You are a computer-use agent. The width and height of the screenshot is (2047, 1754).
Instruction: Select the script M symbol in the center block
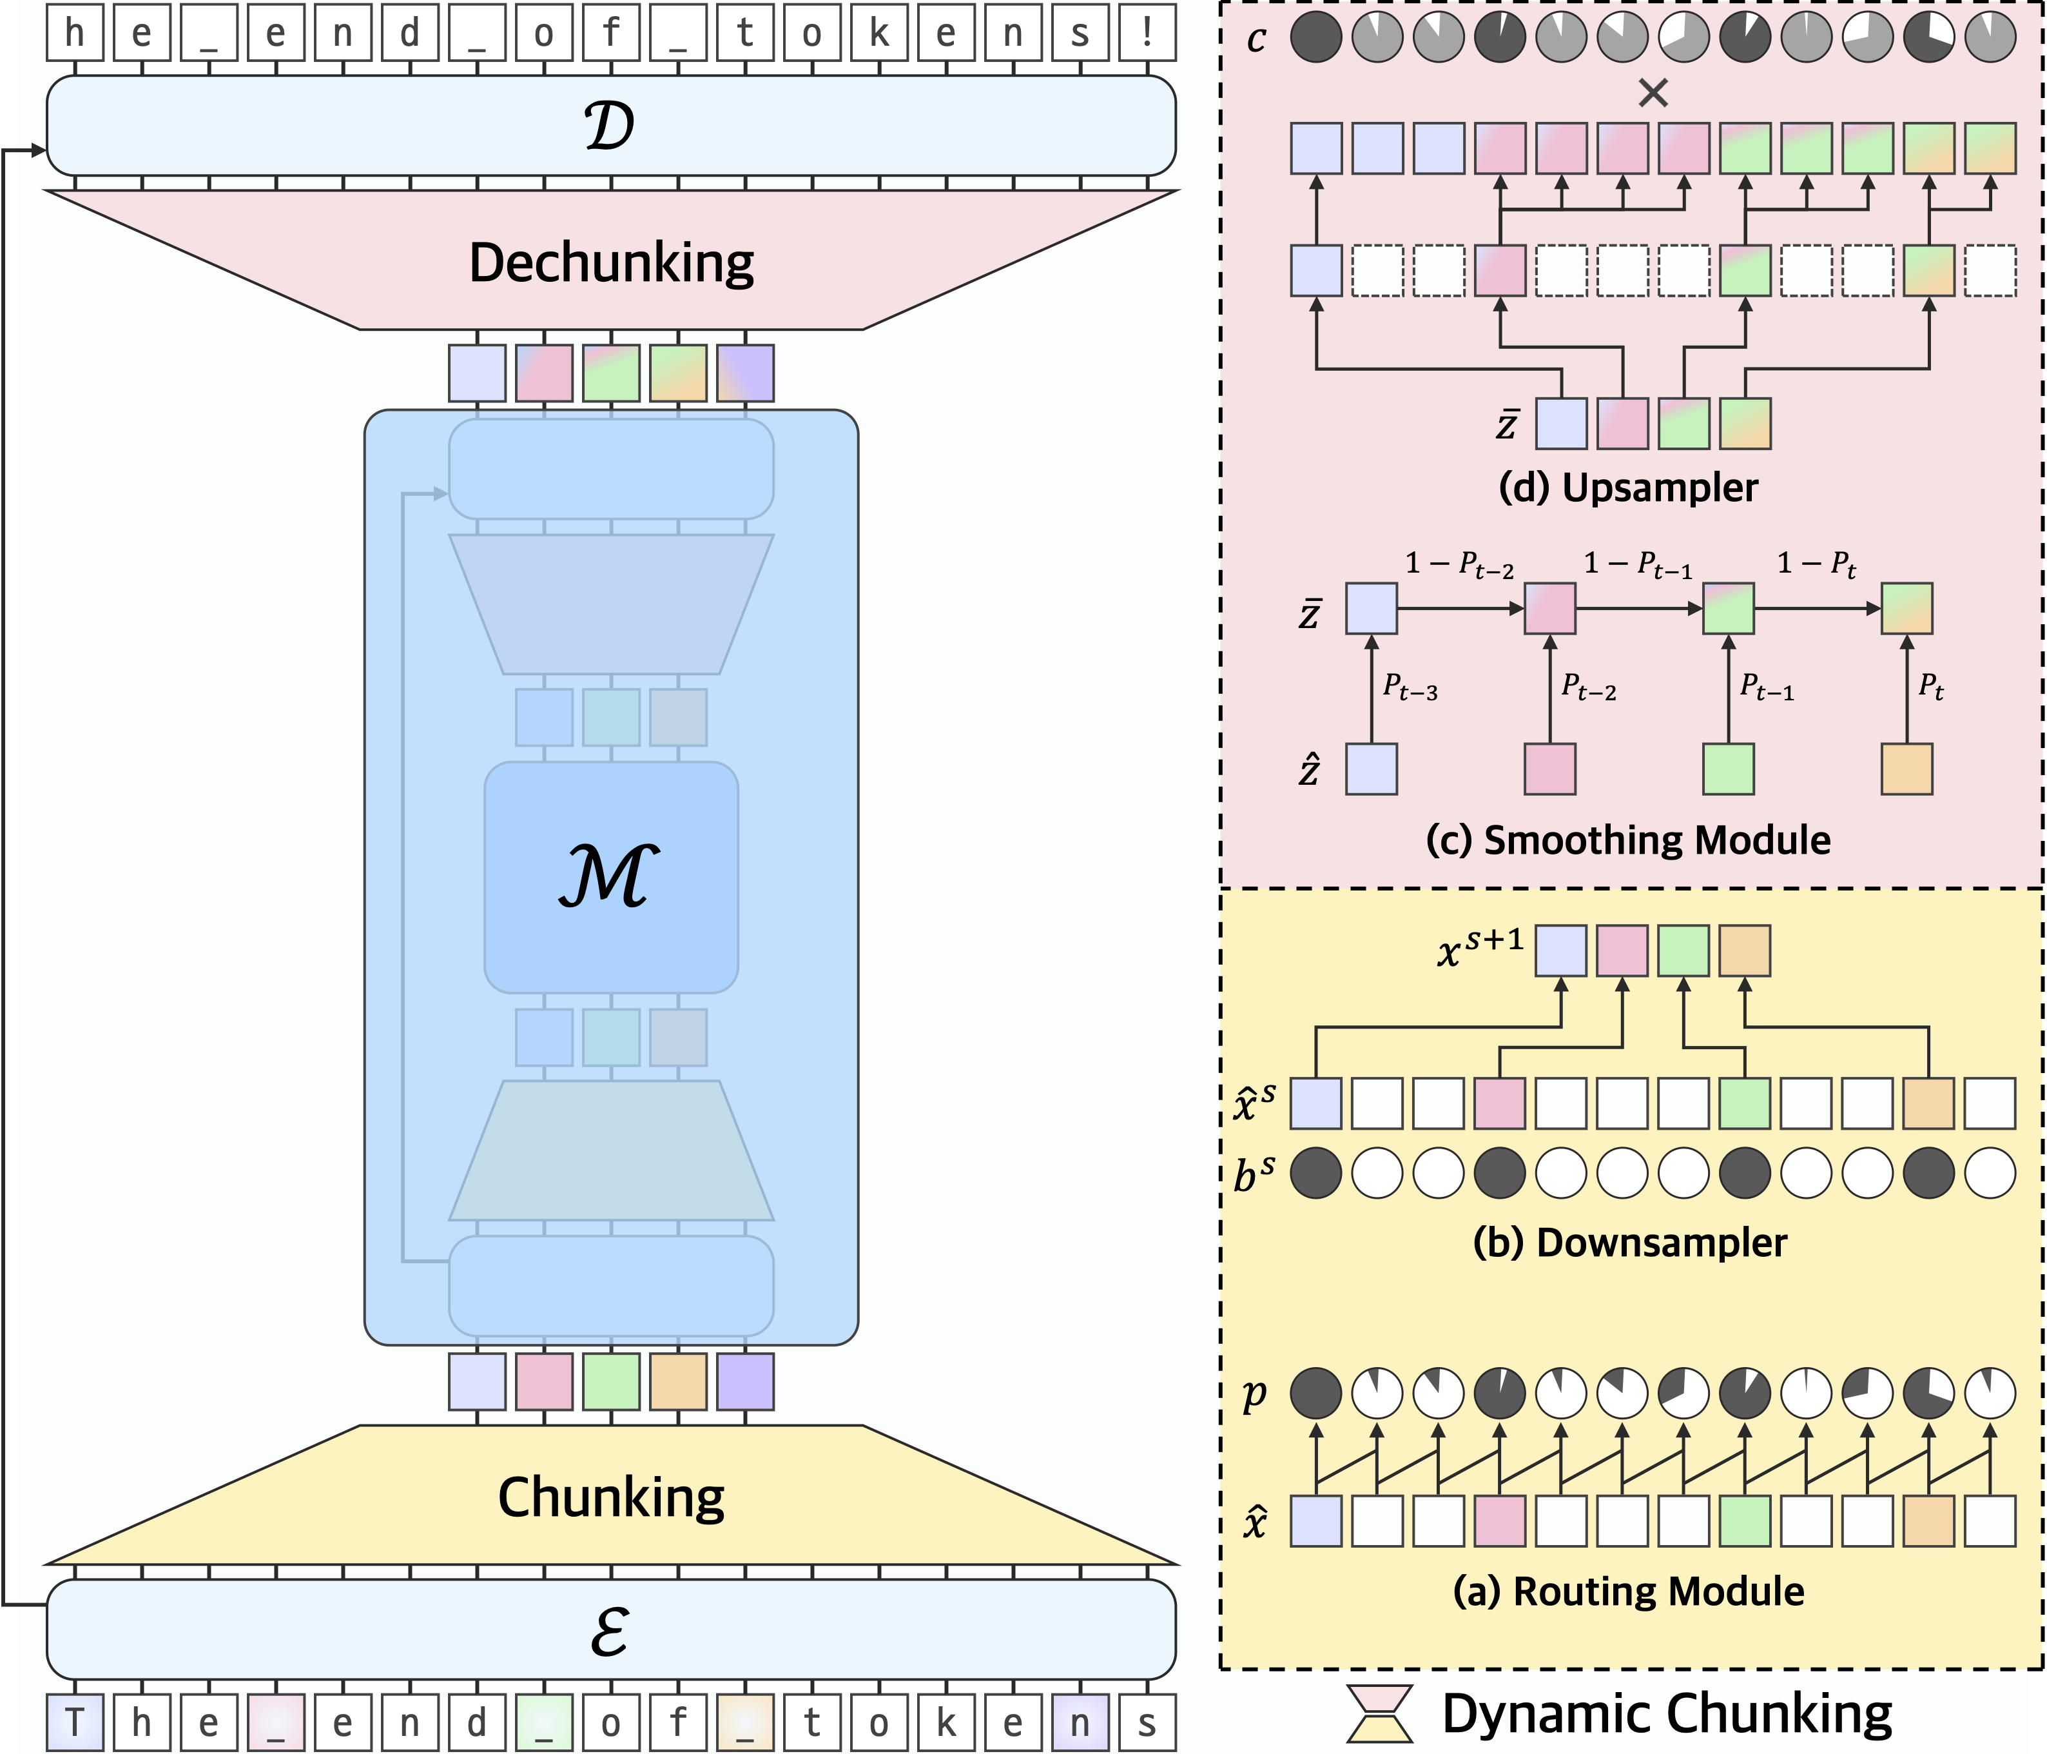(x=610, y=876)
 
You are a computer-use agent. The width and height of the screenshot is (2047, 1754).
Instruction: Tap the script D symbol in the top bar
(x=610, y=126)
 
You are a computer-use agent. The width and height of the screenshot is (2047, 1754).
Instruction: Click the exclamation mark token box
(x=1147, y=34)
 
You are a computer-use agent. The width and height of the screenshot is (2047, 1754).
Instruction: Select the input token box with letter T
(x=74, y=1722)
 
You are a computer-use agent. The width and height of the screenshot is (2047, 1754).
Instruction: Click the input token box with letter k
(x=946, y=1722)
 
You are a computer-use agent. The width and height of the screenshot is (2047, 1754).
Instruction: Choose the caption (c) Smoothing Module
(x=1628, y=840)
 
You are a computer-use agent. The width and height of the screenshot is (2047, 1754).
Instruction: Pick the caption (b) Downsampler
(x=1630, y=1242)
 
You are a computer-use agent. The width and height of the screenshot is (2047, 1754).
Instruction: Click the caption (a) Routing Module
(x=1628, y=1591)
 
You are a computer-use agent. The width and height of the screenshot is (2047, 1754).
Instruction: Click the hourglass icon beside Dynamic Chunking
(x=1380, y=1713)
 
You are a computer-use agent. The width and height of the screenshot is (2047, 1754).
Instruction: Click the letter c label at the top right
(x=1256, y=39)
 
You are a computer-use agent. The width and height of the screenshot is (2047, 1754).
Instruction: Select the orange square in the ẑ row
(x=1906, y=769)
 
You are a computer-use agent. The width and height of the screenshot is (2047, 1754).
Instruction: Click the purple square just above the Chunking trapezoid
(x=745, y=1381)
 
